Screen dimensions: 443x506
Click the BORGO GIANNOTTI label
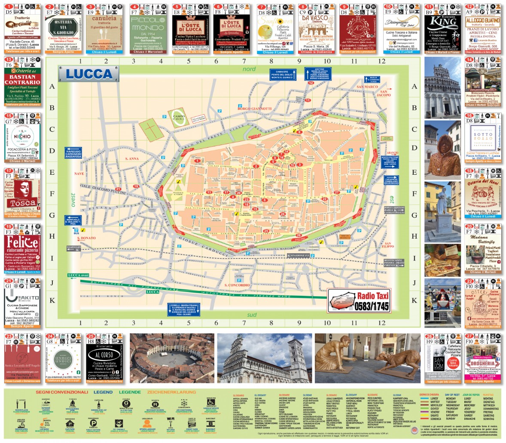[255, 109]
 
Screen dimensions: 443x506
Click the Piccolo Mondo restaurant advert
[148, 29]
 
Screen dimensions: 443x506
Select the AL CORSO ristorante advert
[105, 360]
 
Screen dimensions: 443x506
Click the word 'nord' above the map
[249, 69]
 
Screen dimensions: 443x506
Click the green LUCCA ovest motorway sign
[78, 275]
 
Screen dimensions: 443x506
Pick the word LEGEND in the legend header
[103, 392]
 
